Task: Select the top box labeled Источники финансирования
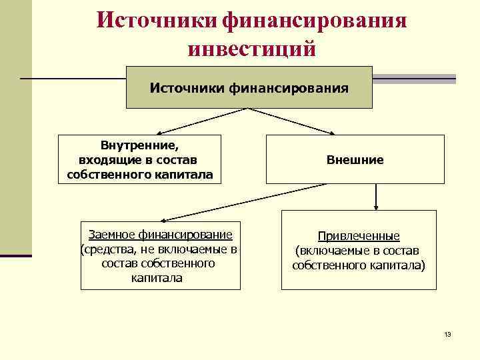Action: [x=249, y=87]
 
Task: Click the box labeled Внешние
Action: [x=355, y=160]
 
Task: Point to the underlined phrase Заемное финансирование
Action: [x=160, y=235]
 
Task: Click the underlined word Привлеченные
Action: [x=359, y=236]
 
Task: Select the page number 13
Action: [x=447, y=334]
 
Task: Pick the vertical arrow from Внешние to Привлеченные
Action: [x=377, y=196]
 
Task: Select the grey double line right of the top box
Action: [x=414, y=79]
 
